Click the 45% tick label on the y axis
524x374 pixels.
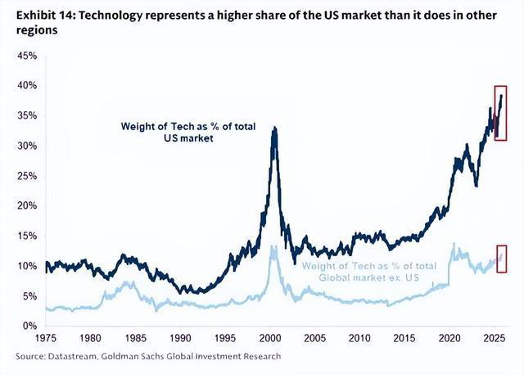click(27, 56)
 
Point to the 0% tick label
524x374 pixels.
click(29, 326)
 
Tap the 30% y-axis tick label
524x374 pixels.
click(27, 146)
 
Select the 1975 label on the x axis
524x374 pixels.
click(46, 338)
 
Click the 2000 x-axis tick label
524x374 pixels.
click(269, 338)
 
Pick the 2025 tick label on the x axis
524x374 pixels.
click(494, 338)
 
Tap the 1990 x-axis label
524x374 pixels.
click(180, 338)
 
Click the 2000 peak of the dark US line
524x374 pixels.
click(275, 127)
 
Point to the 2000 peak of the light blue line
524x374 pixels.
click(271, 246)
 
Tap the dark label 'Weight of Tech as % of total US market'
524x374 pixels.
click(188, 133)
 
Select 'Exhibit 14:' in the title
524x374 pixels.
click(46, 16)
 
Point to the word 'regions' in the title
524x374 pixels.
click(37, 30)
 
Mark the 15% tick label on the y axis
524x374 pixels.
click(27, 236)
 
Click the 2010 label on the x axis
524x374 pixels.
click(359, 338)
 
